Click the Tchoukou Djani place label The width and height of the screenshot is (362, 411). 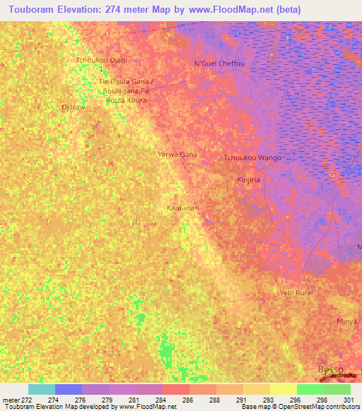[101, 60]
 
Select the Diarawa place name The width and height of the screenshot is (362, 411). [75, 107]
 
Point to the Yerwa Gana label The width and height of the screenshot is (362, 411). [177, 154]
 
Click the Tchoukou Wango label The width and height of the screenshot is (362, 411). [252, 157]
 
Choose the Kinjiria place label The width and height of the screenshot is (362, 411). [248, 180]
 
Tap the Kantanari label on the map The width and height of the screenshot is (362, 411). [182, 208]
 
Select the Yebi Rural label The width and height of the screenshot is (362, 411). [296, 292]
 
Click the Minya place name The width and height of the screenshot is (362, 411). [346, 321]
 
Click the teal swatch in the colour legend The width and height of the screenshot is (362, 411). [42, 389]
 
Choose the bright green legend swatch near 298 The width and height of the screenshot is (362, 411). [310, 389]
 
